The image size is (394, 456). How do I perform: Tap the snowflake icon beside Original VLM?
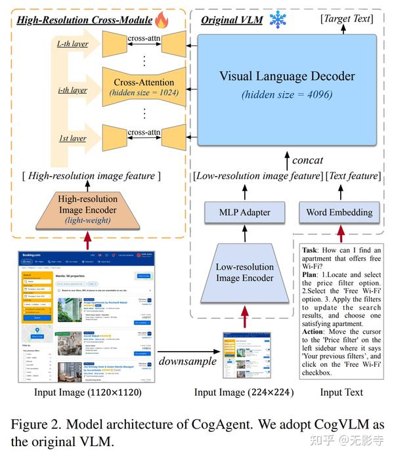(x=277, y=20)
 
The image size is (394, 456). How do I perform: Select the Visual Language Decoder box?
(x=288, y=85)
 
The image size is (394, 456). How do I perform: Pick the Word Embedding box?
(x=339, y=212)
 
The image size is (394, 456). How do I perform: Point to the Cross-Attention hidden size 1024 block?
(x=144, y=87)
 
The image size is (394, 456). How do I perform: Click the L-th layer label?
(x=72, y=44)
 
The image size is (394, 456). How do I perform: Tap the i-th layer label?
(x=72, y=90)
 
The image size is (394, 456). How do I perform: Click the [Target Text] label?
(x=347, y=19)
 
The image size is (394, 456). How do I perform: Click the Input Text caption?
(x=341, y=393)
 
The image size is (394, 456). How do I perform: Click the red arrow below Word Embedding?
(x=340, y=231)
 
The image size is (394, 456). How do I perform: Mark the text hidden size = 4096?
(x=287, y=94)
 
